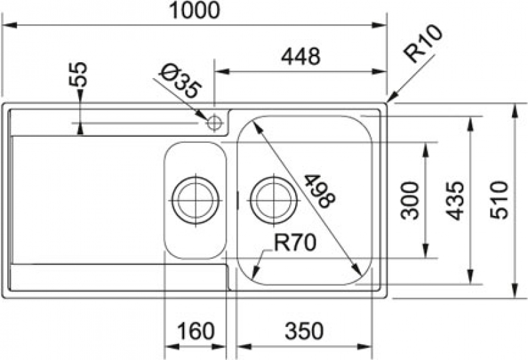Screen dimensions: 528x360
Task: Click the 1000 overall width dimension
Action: tap(195, 10)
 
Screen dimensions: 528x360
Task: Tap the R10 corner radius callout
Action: tap(423, 44)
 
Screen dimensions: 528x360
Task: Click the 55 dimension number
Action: tap(78, 75)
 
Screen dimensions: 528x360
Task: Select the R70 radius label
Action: tap(295, 242)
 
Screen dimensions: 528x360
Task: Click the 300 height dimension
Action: tap(410, 201)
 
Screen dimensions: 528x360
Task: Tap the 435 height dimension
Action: tap(455, 201)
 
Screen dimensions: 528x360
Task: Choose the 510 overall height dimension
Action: tap(499, 200)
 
